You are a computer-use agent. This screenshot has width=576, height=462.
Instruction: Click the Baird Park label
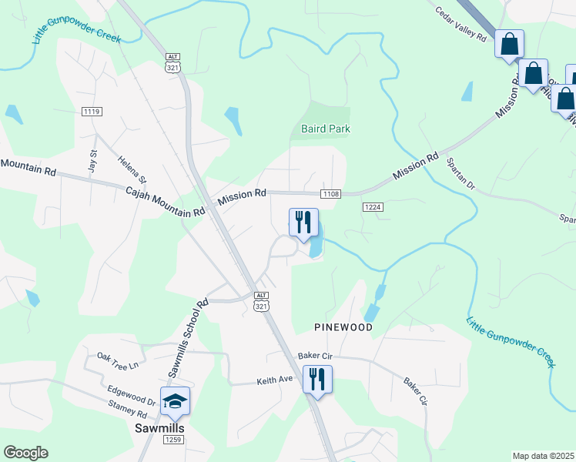[x=324, y=129]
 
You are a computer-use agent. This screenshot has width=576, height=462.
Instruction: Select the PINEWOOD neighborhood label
[x=343, y=327]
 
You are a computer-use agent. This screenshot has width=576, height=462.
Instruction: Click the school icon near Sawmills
[x=175, y=400]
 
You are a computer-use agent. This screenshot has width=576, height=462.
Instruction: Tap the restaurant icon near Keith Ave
[x=317, y=379]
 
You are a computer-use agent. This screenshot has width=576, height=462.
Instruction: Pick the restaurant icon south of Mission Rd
[x=303, y=223]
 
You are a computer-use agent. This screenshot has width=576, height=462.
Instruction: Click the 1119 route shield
[x=92, y=112]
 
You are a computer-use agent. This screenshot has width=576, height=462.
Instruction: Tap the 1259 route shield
[x=173, y=440]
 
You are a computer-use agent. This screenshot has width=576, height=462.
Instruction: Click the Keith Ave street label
[x=275, y=380]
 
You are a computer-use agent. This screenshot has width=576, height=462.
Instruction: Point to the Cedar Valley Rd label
[x=461, y=25]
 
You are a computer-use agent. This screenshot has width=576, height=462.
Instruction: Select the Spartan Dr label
[x=460, y=175]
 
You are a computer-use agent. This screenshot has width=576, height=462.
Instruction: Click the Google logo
[x=25, y=453]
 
